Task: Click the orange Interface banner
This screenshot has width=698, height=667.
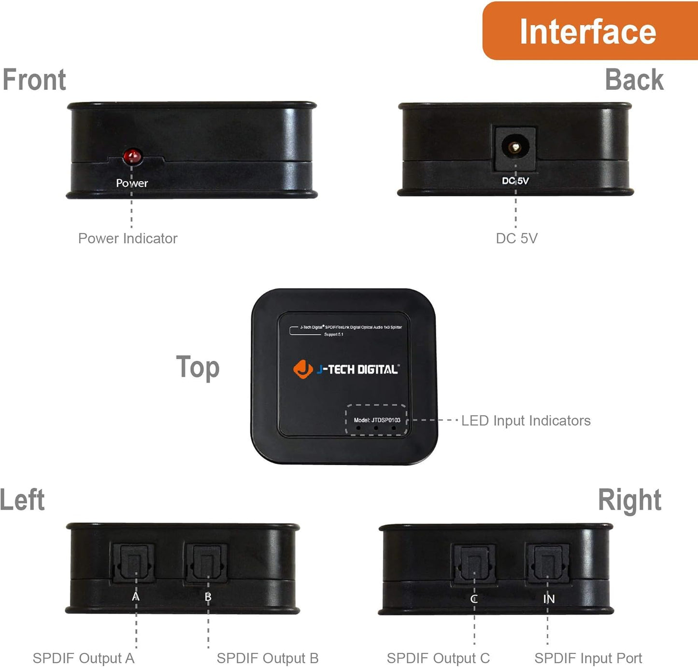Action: coord(588,31)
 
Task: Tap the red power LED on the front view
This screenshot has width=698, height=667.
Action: coord(132,156)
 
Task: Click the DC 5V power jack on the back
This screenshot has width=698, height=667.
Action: coord(515,147)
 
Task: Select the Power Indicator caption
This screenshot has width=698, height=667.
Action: coord(128,238)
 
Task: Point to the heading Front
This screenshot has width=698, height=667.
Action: coord(34,80)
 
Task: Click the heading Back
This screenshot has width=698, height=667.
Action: coord(634,80)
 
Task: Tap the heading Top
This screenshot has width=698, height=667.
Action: coord(198,368)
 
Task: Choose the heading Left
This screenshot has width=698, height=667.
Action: coord(23,499)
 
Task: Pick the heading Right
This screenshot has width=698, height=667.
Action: coord(629,499)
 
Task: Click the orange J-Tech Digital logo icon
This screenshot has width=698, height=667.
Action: coord(303,369)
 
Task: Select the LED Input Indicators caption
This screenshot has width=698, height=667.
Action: coord(526,421)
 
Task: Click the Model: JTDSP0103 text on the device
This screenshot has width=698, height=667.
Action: coord(377,420)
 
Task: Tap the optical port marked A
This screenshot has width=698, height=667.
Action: coord(134,563)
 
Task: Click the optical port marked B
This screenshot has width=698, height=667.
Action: coord(207,563)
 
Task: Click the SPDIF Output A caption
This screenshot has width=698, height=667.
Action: coord(84,658)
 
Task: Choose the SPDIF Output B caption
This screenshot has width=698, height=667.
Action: coord(268,658)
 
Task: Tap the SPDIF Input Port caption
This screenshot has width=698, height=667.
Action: coord(588,658)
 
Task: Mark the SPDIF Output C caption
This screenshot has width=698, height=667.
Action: coord(438,658)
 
